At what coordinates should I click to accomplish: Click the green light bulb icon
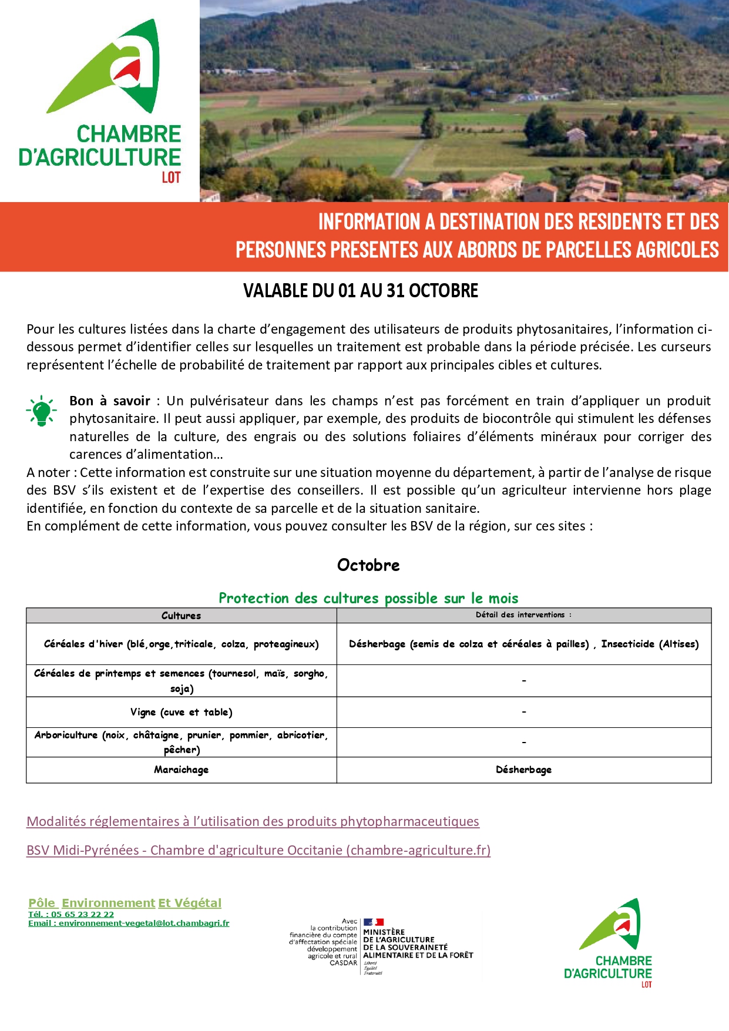41,410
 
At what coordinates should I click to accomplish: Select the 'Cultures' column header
181,616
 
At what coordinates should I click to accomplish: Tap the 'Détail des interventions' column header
523,615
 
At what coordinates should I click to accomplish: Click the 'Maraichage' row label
181,770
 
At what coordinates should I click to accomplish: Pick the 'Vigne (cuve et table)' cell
181,712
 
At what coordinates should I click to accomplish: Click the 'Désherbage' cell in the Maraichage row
523,770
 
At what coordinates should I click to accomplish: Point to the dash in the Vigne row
524,712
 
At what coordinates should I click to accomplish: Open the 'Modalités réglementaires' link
253,821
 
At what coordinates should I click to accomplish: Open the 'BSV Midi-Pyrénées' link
258,850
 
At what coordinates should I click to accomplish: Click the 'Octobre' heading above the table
368,565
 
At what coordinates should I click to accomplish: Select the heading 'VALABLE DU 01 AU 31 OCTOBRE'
361,291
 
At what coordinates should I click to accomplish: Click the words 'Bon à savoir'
110,401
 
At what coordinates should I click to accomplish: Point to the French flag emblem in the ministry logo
373,922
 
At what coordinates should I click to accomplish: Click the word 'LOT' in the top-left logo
171,177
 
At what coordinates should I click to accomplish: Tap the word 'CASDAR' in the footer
343,963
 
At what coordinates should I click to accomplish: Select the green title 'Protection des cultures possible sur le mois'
368,598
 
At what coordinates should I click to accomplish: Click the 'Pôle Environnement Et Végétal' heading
125,903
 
